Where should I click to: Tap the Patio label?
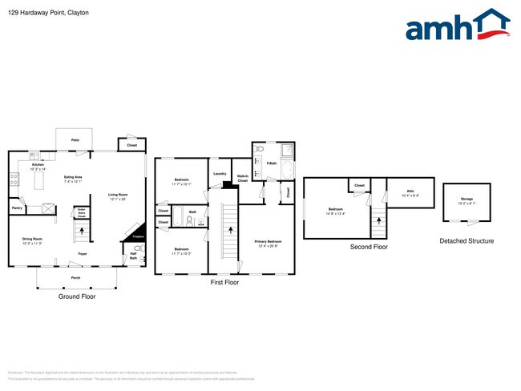pyautogui.click(x=75, y=139)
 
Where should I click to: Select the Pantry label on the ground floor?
pyautogui.click(x=17, y=208)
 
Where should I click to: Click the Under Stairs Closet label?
pyautogui.click(x=81, y=213)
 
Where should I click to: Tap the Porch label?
pyautogui.click(x=75, y=278)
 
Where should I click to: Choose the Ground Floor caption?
pyautogui.click(x=78, y=296)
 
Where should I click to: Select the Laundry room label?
pyautogui.click(x=218, y=174)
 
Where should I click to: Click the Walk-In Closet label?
pyautogui.click(x=242, y=179)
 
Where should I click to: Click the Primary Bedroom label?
pyautogui.click(x=267, y=242)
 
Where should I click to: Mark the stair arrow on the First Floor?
pyautogui.click(x=231, y=228)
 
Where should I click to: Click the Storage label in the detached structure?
pyautogui.click(x=466, y=200)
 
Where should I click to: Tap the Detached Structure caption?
pyautogui.click(x=466, y=240)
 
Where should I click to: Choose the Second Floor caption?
pyautogui.click(x=369, y=247)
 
